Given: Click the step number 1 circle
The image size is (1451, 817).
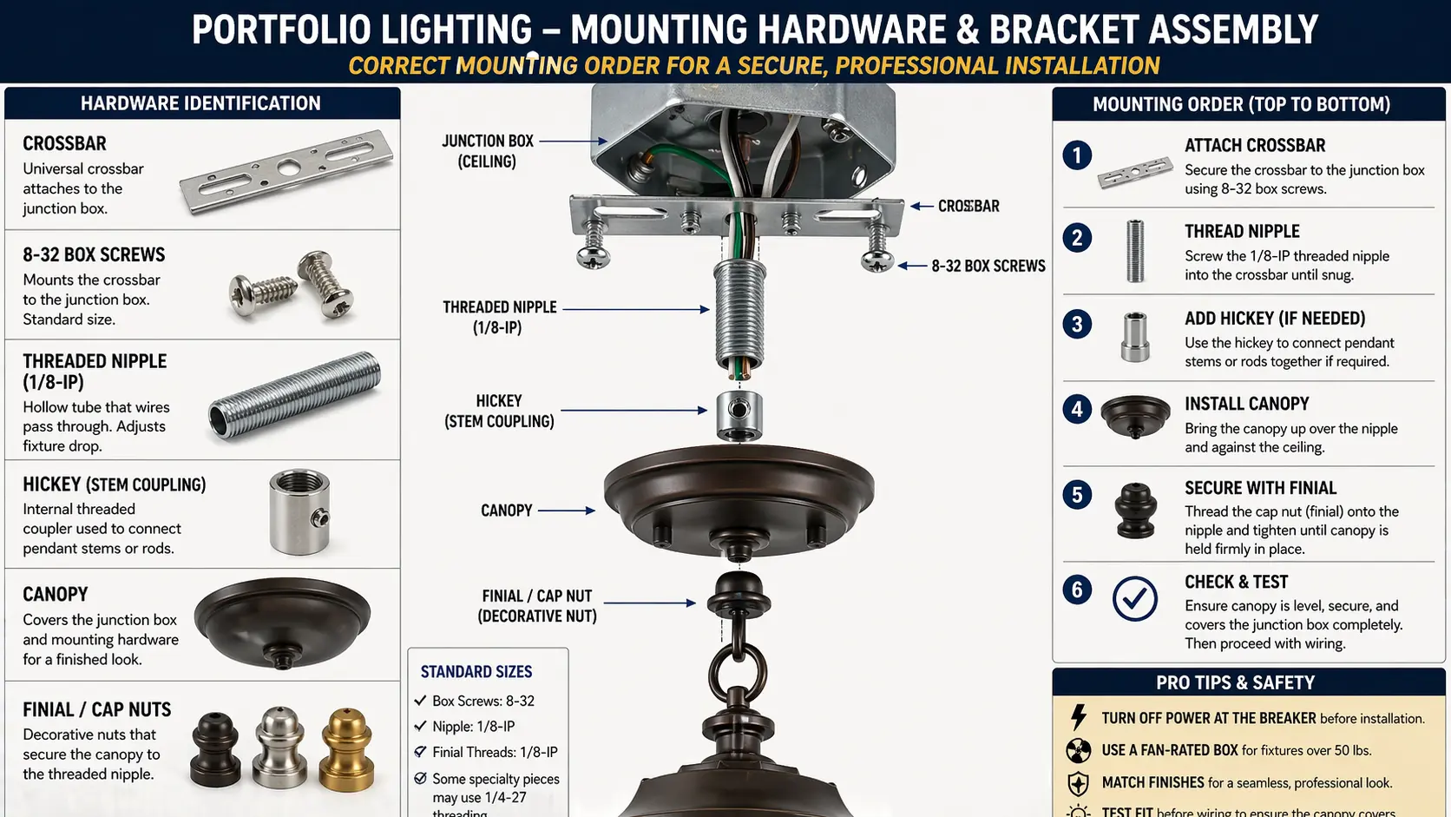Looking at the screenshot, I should [x=1077, y=155].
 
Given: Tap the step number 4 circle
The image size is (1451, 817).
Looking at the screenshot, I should [x=1077, y=409].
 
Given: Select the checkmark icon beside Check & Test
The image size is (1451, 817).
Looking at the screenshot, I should [x=1134, y=599].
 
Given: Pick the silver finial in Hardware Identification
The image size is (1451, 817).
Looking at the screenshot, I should [x=280, y=746].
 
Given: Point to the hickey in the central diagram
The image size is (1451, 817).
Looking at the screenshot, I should [x=739, y=416].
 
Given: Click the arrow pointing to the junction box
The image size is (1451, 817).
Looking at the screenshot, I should [x=573, y=141].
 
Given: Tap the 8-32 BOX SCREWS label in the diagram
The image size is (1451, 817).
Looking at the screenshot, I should [x=988, y=267].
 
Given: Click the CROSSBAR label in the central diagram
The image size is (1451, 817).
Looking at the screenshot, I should [x=968, y=207].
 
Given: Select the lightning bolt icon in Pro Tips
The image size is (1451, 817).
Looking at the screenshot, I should [x=1078, y=717].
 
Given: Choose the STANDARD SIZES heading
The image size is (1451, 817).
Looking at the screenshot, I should [x=476, y=672].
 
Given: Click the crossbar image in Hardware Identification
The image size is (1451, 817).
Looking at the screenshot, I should [x=286, y=171].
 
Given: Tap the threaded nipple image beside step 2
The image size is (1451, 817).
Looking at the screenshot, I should [x=1134, y=251].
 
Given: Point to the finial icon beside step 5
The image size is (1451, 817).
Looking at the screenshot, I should [x=1135, y=511].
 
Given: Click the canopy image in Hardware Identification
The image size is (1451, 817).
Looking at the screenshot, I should [x=282, y=623].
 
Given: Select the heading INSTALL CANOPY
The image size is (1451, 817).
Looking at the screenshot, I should [x=1246, y=404].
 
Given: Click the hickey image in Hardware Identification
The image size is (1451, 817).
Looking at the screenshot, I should [x=299, y=511].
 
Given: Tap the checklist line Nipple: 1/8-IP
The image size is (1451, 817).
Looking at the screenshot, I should [x=473, y=727].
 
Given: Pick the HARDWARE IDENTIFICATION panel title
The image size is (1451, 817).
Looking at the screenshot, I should [x=200, y=103].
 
